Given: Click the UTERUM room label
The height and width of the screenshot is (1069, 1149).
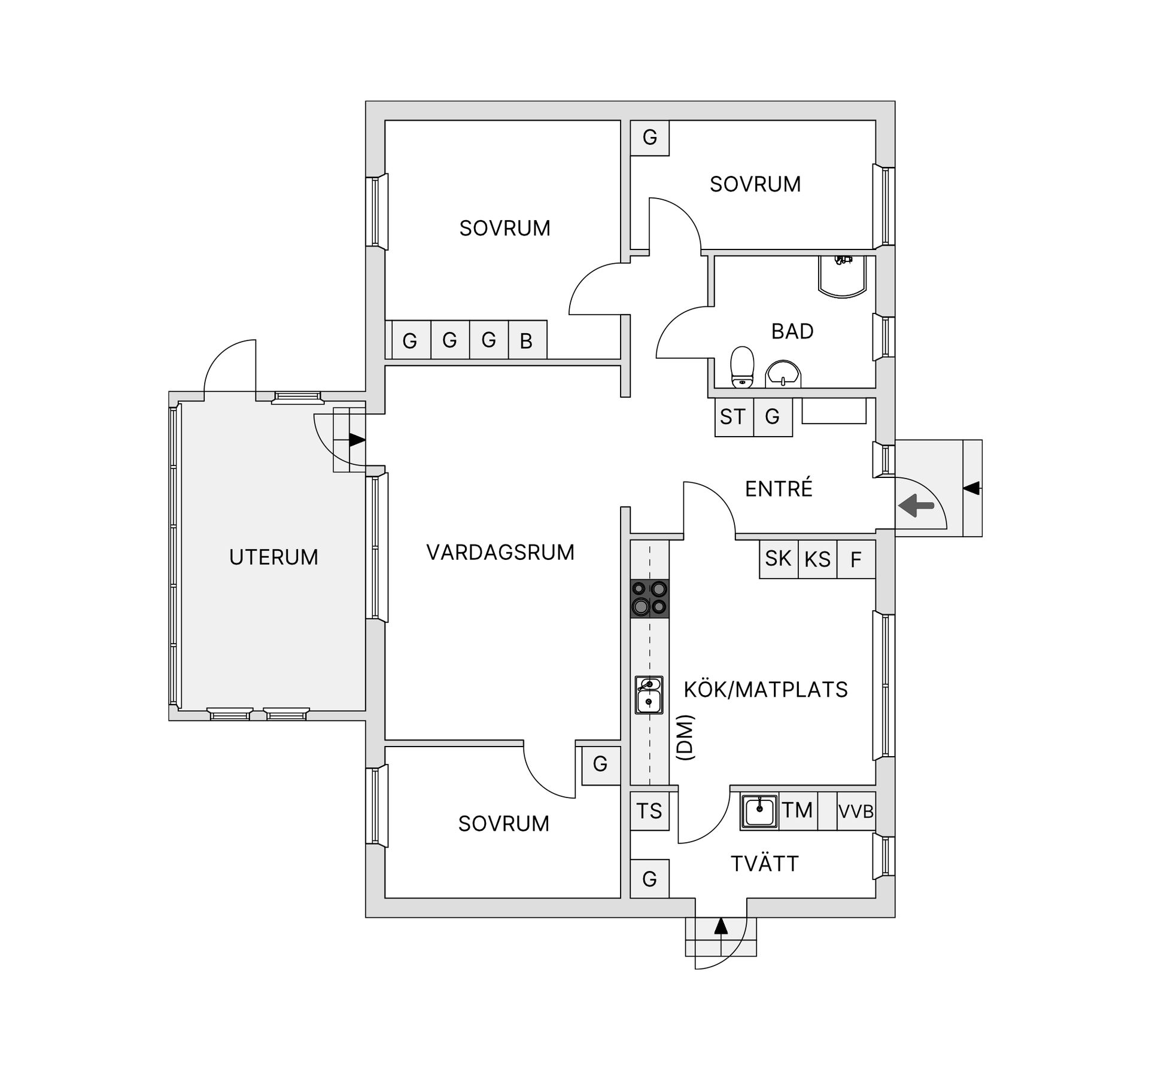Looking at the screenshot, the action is pos(273,557).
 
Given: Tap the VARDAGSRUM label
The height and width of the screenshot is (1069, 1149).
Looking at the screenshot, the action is pos(500,552).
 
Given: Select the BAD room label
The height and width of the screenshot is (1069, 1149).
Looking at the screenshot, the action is pos(792,331).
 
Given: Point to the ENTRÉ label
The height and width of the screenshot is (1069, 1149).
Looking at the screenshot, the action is pos(779,488).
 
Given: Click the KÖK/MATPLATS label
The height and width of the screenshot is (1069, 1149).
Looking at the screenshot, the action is pos(765,690).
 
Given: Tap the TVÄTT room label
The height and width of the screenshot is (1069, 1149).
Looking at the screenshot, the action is pos(765,863).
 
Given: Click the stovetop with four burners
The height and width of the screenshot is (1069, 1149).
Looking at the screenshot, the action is pos(649,599).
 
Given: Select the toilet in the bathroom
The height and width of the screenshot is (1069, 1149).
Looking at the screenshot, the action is pos(743,367).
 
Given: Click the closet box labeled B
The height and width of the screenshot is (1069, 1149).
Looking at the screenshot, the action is pos(527,340).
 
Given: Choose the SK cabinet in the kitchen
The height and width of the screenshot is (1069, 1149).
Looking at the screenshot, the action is pos(779,559).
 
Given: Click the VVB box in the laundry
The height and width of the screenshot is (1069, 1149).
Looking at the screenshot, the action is pos(856,811).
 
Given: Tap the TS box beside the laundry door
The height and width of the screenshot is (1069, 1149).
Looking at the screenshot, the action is pos(649,811).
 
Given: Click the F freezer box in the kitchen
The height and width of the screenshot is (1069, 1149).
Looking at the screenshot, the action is pos(856,559).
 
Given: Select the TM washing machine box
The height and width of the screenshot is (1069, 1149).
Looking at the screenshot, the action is pos(798,811).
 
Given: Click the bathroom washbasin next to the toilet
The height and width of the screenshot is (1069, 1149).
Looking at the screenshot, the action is pos(783,374).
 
